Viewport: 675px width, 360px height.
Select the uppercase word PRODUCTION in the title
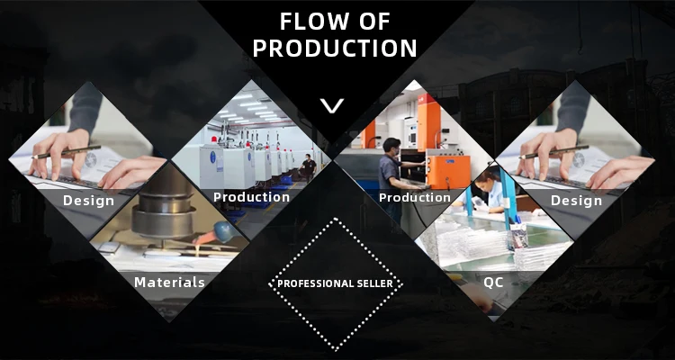335,49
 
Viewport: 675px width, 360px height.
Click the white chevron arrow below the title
332,106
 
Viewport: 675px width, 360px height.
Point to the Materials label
169,282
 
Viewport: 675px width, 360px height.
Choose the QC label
493,283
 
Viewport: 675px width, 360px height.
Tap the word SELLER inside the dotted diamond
375,283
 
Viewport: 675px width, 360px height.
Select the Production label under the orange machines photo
415,198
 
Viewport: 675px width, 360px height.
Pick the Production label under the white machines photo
251,197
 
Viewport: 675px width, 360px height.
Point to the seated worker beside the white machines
308,166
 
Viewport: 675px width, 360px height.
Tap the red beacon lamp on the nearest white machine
212,140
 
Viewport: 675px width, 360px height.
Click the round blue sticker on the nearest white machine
212,157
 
